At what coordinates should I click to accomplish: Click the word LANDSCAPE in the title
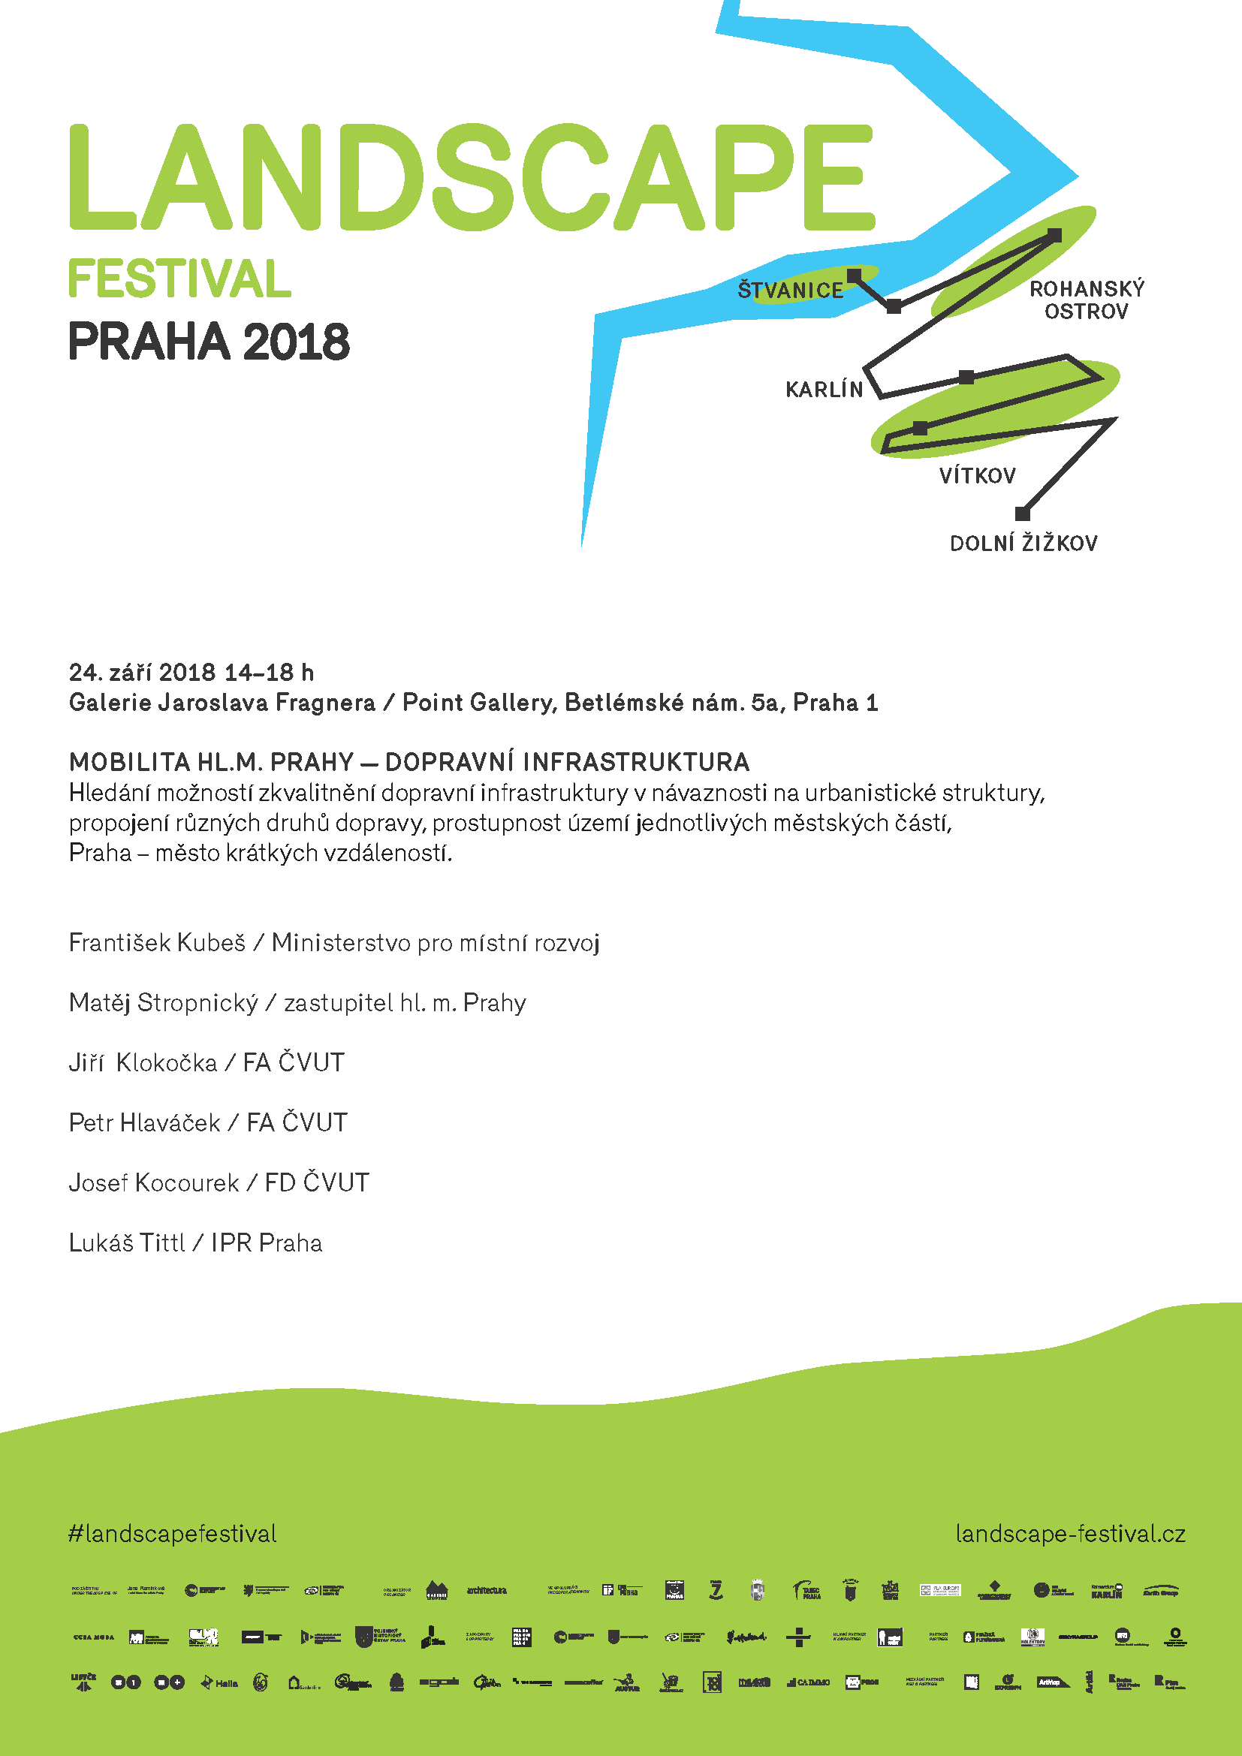point(471,177)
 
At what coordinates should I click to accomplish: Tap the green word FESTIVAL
point(179,279)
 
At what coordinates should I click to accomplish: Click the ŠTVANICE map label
point(790,291)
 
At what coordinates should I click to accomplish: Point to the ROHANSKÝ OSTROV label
point(1086,300)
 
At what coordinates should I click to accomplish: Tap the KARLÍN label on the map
point(824,390)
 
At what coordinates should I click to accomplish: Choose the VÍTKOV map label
point(978,476)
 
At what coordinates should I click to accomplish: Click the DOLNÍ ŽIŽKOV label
point(1023,544)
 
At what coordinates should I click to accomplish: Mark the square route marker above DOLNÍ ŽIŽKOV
point(1022,514)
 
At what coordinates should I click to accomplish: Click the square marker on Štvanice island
point(855,275)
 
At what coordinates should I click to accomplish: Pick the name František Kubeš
point(157,943)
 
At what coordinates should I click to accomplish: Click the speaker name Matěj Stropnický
point(164,1003)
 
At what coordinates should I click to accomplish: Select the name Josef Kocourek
point(154,1183)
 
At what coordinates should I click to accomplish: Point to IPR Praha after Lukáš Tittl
point(267,1242)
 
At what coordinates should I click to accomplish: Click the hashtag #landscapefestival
point(173,1534)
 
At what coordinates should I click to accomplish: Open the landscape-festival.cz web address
point(1070,1534)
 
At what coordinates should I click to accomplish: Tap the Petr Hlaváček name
point(144,1122)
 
